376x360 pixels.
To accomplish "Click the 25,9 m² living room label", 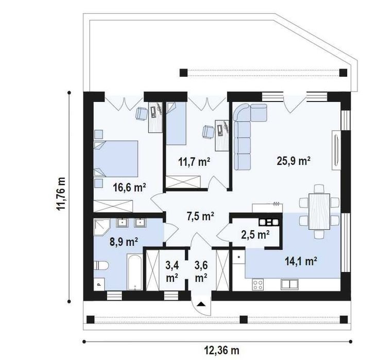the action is pos(294,161).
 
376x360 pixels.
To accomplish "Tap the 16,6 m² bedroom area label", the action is pos(129,187).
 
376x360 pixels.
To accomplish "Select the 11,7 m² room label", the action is pos(194,162).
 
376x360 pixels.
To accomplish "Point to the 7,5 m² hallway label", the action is pos(200,216).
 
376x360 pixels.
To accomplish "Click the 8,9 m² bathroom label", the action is pos(124,242).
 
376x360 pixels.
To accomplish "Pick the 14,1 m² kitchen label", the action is pos(301,261).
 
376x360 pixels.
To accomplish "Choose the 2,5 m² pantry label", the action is pos(255,234).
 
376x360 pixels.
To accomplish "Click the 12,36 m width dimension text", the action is pos(222,350).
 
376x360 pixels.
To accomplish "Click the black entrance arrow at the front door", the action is pos(201,304).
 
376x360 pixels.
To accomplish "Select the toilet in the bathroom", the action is pos(101,266).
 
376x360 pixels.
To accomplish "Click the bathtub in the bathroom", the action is pos(134,272).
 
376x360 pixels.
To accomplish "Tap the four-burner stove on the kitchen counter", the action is pos(258,284).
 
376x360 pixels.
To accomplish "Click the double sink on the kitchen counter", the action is pos(290,284).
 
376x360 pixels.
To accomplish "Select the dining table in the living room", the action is pos(319,212).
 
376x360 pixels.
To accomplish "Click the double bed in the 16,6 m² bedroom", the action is pos(115,159).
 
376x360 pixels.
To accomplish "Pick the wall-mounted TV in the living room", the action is pos(336,151).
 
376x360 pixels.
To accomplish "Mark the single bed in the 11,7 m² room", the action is pos(176,124).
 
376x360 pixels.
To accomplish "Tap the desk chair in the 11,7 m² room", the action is pos(209,132).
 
